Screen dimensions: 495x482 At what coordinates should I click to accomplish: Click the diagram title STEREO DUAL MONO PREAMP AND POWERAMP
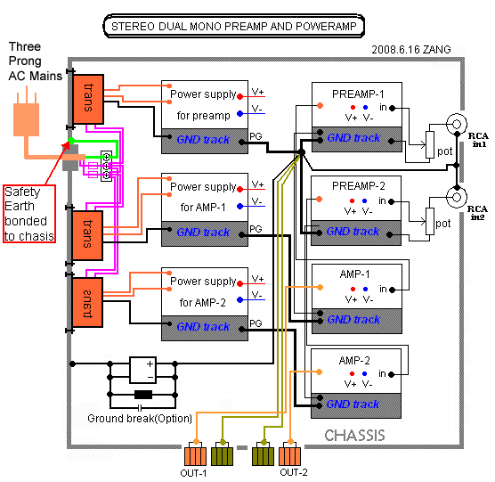[x=234, y=26]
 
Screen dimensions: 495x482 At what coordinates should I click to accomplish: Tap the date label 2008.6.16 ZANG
[x=411, y=50]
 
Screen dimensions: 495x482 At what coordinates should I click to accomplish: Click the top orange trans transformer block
[x=88, y=99]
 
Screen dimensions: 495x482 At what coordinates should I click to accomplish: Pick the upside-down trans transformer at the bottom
[x=87, y=302]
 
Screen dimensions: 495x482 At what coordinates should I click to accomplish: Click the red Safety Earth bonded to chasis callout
[x=29, y=214]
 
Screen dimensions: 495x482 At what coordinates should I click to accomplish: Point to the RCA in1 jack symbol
[x=457, y=124]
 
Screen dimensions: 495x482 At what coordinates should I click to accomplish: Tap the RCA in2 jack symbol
[x=457, y=198]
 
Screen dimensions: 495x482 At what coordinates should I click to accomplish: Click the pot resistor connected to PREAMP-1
[x=430, y=144]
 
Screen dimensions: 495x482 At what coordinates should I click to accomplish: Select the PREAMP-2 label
[x=358, y=185]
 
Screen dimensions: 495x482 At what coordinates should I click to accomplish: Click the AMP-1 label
[x=354, y=274]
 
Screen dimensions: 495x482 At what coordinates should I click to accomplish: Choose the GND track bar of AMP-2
[x=356, y=405]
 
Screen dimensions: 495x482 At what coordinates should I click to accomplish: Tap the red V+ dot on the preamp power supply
[x=239, y=96]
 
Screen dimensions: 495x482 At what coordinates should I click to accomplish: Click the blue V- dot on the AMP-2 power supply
[x=239, y=299]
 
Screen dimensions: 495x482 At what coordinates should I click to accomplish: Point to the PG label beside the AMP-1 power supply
[x=256, y=229]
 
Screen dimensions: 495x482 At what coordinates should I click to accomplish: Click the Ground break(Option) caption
[x=140, y=418]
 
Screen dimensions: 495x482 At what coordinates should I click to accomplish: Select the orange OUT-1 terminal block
[x=195, y=453]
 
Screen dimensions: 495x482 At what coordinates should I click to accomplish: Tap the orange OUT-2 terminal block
[x=290, y=453]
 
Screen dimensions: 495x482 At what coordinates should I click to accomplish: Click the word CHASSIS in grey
[x=354, y=436]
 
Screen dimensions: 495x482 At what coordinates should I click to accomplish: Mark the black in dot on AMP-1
[x=392, y=290]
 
